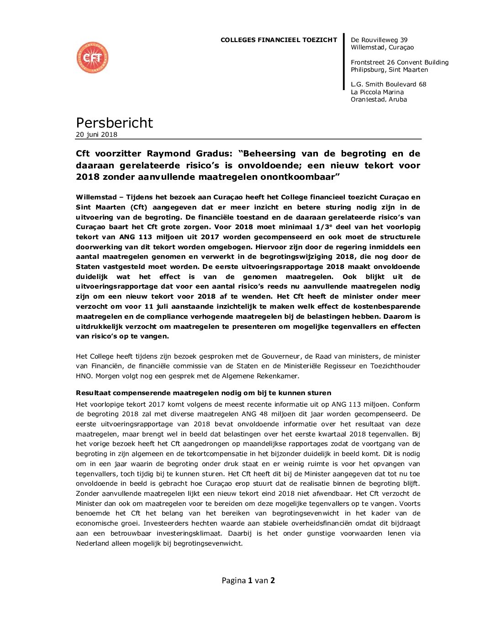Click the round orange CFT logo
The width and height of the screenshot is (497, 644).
92,58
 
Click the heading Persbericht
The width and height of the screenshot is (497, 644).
114,123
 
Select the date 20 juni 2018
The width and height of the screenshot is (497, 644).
96,134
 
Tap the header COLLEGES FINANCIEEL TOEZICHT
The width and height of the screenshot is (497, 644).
279,40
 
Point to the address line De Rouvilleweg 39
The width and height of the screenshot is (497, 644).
379,40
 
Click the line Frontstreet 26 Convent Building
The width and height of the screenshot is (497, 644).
400,62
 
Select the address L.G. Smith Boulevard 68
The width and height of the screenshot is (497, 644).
388,84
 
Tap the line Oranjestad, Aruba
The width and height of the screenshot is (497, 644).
379,99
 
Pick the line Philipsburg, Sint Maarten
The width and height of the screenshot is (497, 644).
389,70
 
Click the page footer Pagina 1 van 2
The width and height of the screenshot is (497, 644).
248,580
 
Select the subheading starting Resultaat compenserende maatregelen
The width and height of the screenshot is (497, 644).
203,393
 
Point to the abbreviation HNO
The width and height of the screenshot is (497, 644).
84,376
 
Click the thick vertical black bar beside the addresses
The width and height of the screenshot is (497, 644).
344,62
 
